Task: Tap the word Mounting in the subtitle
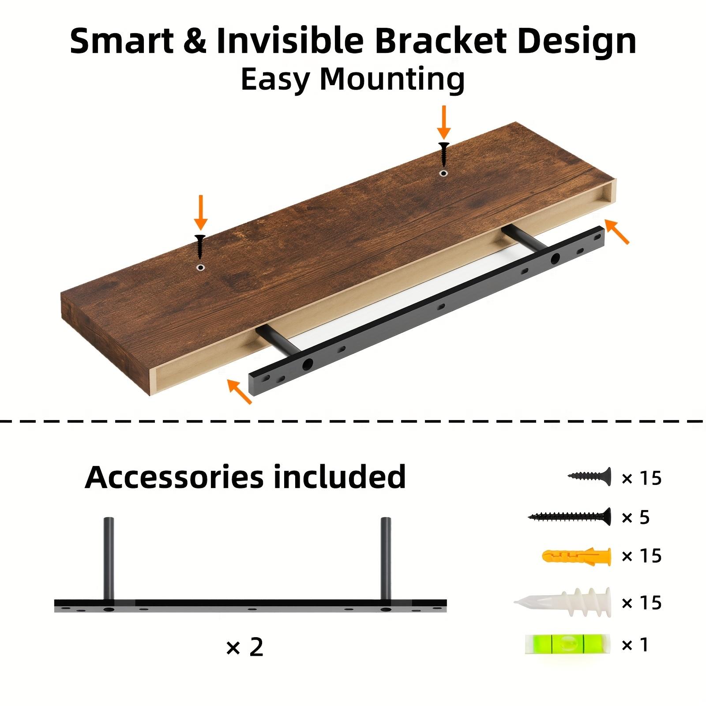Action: [392, 79]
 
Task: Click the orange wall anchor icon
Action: [576, 557]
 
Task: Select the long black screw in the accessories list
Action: [570, 516]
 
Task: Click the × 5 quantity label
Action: [635, 517]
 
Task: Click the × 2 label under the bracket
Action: [244, 647]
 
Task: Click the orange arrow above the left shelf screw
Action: [201, 212]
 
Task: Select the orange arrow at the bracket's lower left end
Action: [240, 391]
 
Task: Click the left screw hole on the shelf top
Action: [201, 267]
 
